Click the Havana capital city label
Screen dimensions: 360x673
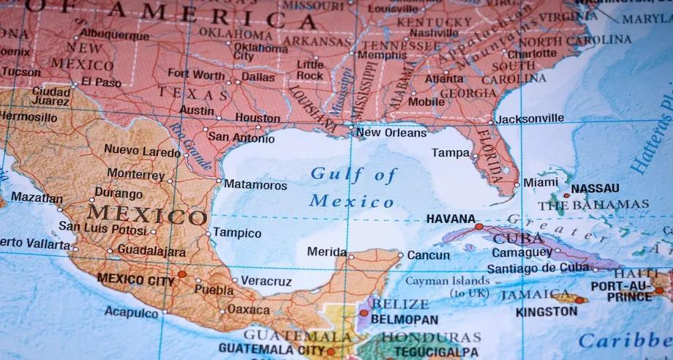[449, 218]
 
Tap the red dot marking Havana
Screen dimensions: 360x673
[479, 227]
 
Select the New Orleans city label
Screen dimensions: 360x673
[391, 133]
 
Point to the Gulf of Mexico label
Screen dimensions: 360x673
[353, 187]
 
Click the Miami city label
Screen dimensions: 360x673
[540, 181]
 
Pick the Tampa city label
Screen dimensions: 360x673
[451, 153]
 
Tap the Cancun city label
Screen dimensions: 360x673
[428, 255]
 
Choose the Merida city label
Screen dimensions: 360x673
[327, 252]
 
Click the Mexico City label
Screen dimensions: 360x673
[136, 278]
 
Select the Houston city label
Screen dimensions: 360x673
[257, 117]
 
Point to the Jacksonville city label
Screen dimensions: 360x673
[530, 118]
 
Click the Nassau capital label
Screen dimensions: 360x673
[595, 188]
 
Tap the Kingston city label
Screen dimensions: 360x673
[546, 311]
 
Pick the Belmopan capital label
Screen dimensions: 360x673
[405, 319]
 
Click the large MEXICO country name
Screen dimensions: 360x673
[146, 216]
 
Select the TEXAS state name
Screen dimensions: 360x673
[193, 94]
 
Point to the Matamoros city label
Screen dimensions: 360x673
[255, 184]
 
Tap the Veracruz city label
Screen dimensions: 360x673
[266, 281]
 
